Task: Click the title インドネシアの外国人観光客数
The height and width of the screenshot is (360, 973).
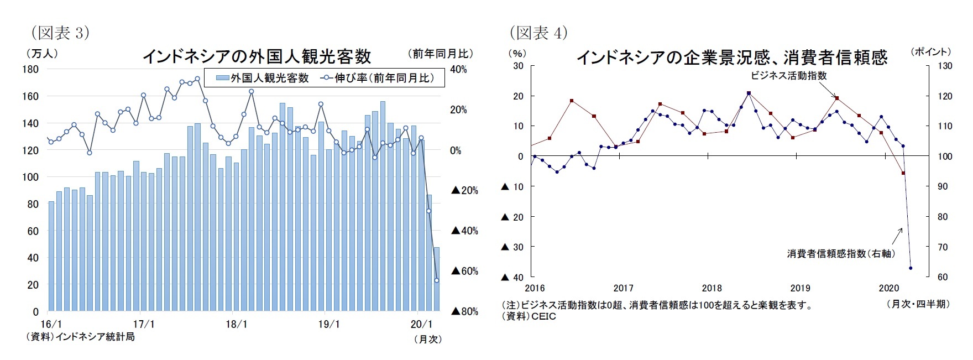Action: click(257, 56)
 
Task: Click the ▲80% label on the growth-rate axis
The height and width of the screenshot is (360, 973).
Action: click(464, 311)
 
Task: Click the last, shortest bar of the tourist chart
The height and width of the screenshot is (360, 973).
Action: click(437, 279)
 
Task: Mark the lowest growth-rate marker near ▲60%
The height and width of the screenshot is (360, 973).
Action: click(437, 280)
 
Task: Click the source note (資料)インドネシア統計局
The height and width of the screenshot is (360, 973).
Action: click(80, 336)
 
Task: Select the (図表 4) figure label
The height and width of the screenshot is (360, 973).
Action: click(538, 33)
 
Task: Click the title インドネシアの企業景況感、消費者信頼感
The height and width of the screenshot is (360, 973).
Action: click(731, 57)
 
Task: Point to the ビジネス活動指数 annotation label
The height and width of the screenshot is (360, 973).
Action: click(788, 76)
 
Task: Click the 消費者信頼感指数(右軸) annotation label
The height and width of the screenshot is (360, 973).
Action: click(841, 253)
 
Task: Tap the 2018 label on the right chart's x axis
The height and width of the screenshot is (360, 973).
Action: click(712, 288)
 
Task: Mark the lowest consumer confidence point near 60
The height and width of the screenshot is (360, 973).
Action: click(911, 268)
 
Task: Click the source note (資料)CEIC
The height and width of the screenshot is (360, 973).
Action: click(529, 316)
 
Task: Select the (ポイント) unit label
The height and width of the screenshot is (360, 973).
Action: click(930, 52)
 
